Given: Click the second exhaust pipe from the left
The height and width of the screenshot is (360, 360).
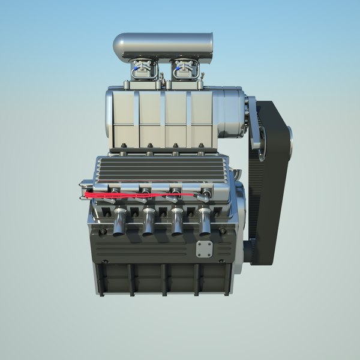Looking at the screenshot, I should [148, 223].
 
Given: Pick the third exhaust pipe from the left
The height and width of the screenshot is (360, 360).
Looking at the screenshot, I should [177, 223].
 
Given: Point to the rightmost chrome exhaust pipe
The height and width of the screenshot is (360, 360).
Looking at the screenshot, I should [205, 223].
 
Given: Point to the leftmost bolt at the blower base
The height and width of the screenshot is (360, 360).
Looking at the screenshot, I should [122, 146].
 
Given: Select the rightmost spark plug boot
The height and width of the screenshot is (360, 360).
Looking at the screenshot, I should [206, 194].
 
